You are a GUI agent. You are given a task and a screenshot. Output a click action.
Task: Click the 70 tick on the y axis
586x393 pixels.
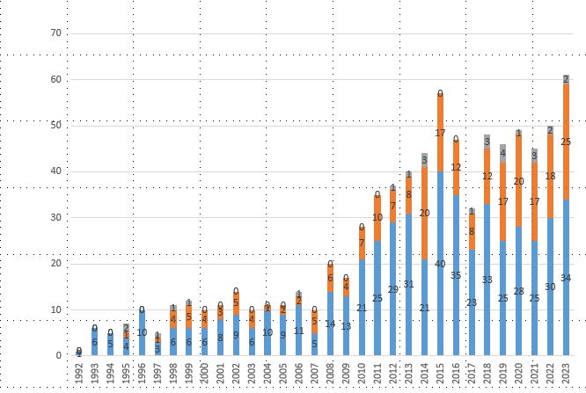click(57, 33)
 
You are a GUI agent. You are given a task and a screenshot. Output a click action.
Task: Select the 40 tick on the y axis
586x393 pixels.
click(57, 171)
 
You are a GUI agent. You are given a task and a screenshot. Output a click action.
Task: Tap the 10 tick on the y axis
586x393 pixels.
click(57, 310)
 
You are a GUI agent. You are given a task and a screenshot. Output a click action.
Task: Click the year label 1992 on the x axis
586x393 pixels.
click(79, 373)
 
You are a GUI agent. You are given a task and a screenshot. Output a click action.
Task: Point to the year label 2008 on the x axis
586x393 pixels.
click(330, 373)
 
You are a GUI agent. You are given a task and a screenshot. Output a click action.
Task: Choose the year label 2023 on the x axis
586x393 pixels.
click(566, 373)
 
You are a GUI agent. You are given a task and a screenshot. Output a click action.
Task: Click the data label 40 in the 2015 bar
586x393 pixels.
click(440, 264)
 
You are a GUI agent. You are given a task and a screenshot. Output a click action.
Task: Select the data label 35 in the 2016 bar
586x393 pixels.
click(456, 275)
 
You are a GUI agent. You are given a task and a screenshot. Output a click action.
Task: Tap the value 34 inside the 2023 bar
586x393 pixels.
click(566, 278)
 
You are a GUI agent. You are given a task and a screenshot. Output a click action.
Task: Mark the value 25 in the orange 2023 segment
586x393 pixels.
click(566, 142)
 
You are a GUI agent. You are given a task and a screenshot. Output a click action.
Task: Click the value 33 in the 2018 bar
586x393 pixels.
click(487, 280)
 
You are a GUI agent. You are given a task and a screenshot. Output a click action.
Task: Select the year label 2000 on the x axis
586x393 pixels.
click(204, 373)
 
